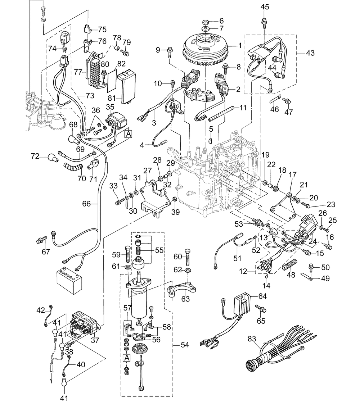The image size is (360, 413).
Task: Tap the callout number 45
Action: (265, 7)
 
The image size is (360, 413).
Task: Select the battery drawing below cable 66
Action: (69, 280)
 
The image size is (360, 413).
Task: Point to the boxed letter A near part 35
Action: (129, 134)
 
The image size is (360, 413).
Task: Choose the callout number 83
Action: (252, 339)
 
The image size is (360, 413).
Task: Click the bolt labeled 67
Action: (42, 240)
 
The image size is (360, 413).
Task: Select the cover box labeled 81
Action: (126, 86)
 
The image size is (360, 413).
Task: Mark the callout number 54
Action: (185, 345)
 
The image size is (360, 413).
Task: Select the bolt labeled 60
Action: (188, 257)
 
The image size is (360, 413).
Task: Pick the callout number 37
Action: (95, 340)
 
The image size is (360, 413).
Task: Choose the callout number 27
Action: (147, 171)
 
